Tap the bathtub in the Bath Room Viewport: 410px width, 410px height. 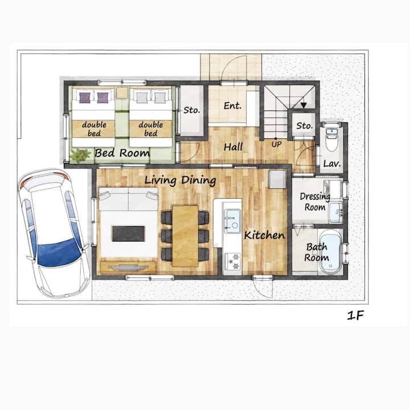(x=330, y=252)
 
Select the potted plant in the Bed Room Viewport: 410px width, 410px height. (x=80, y=155)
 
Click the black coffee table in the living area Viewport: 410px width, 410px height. (x=128, y=233)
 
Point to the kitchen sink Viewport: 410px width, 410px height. (x=232, y=221)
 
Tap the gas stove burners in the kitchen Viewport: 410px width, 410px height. (x=233, y=261)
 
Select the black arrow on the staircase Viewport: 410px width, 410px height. (x=304, y=105)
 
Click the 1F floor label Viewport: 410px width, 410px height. (x=355, y=315)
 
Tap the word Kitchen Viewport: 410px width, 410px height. (x=264, y=235)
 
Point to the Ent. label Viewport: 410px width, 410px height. (x=232, y=106)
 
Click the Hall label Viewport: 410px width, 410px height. (x=233, y=147)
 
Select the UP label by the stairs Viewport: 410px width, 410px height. (x=276, y=144)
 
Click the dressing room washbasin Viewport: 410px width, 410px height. (x=336, y=212)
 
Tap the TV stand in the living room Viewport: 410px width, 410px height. (x=128, y=267)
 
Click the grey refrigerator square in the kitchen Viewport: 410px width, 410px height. (x=277, y=179)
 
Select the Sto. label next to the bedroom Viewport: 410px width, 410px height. (x=192, y=110)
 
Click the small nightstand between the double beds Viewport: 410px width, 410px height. (x=122, y=93)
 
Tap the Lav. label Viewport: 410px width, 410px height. (x=332, y=164)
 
